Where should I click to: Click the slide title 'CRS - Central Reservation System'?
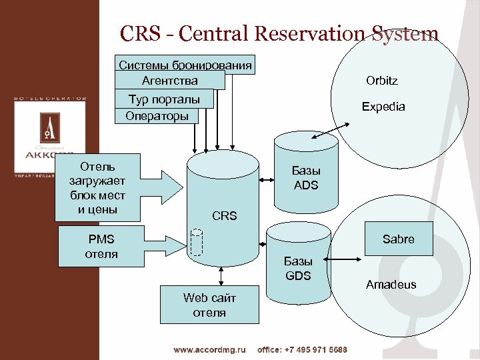click(279, 34)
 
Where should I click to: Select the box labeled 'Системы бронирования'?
click(185, 65)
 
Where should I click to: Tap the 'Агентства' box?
click(169, 81)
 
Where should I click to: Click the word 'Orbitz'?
click(382, 81)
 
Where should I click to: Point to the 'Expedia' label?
click(383, 107)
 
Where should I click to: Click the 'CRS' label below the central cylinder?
click(224, 216)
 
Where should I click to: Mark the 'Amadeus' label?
click(391, 285)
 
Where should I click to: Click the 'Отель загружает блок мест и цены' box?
click(97, 187)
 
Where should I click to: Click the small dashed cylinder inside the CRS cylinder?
click(196, 242)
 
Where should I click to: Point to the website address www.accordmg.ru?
click(210, 349)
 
